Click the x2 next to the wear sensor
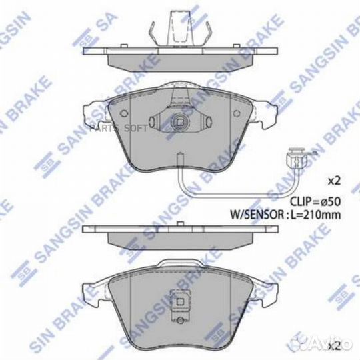pyautogui.click(x=333, y=181)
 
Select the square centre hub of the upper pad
pyautogui.click(x=178, y=123)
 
